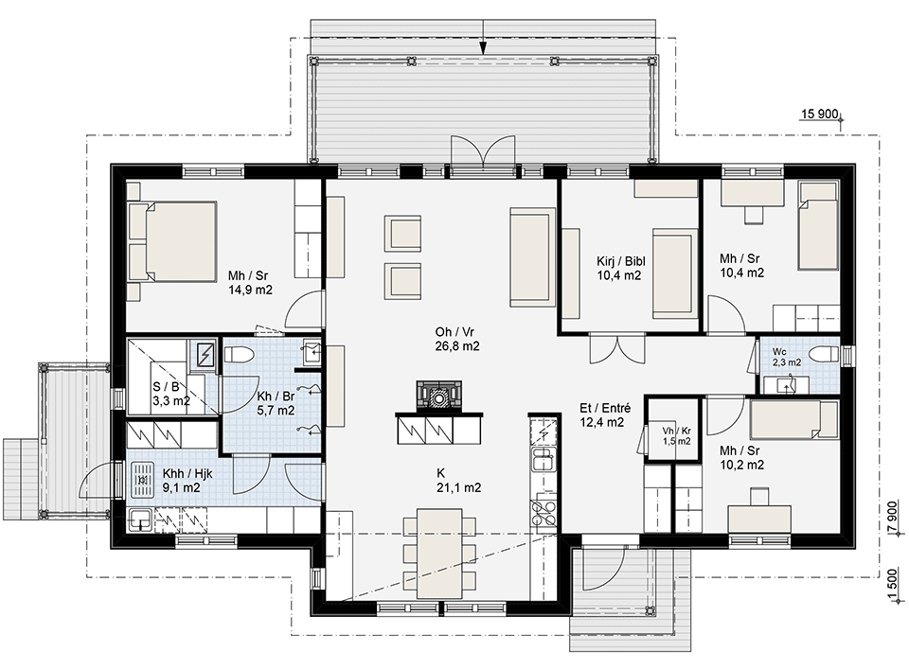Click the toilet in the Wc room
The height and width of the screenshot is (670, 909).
click(x=824, y=354)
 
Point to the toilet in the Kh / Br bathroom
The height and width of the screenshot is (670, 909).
click(x=237, y=354)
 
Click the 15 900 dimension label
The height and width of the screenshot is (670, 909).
click(x=820, y=114)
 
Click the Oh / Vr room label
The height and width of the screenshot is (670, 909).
click(x=455, y=332)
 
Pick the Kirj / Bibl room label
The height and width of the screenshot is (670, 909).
click(x=621, y=262)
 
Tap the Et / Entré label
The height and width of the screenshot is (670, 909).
click(x=605, y=408)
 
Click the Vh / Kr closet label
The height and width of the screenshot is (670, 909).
click(x=676, y=431)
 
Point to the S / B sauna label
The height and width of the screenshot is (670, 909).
click(x=166, y=387)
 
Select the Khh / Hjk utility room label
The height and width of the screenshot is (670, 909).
click(x=187, y=473)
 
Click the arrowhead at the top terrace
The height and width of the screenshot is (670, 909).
click(x=483, y=49)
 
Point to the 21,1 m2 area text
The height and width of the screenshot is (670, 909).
click(x=458, y=488)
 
